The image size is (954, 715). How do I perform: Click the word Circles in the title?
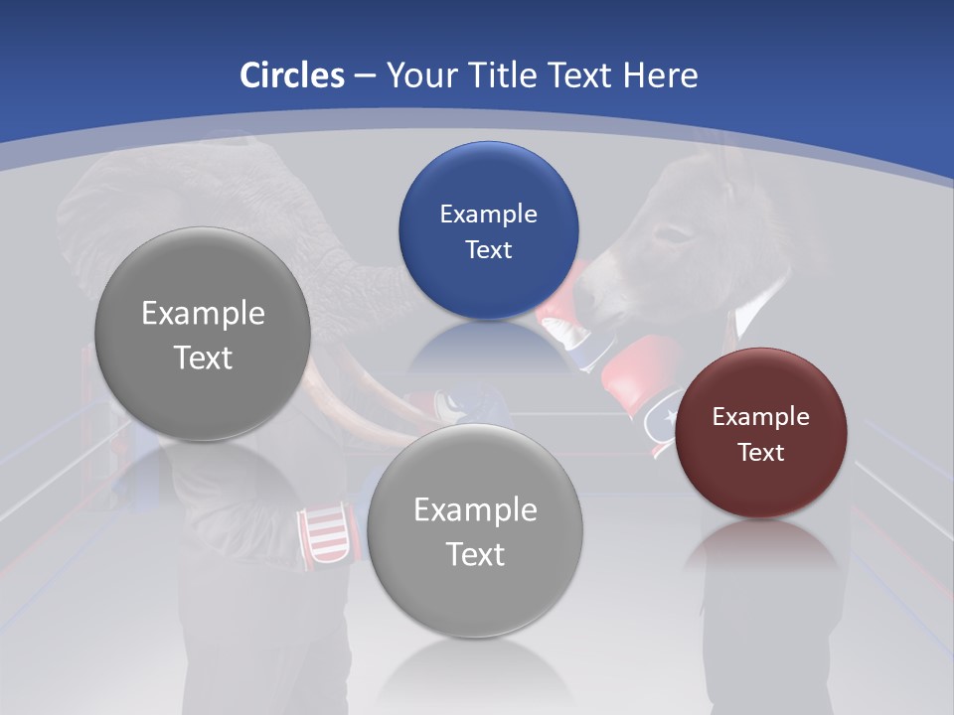tap(292, 75)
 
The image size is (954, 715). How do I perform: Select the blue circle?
tap(488, 230)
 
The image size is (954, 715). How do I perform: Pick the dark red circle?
tap(761, 432)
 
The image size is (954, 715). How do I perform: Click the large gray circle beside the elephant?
tap(203, 334)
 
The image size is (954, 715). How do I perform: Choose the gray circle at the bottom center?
tap(475, 530)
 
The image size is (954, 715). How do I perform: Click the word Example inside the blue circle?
tap(488, 214)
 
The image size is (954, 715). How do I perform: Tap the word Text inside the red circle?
tap(761, 453)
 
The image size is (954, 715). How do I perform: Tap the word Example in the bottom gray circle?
tap(475, 509)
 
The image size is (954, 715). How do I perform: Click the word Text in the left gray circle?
tap(203, 357)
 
